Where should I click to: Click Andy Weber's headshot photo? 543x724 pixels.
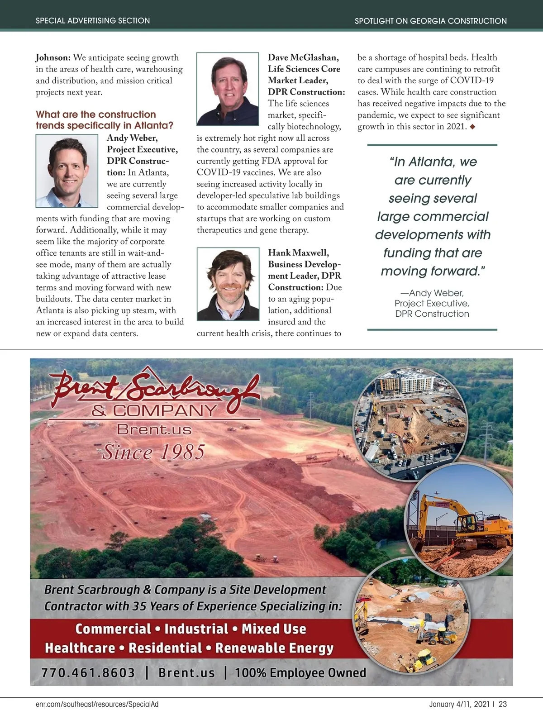click(67, 171)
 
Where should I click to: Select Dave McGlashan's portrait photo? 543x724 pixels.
click(228, 89)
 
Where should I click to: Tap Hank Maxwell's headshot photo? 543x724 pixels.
click(228, 284)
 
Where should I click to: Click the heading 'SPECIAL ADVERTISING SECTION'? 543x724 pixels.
click(93, 20)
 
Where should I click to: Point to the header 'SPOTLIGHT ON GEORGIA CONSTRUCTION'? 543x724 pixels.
click(430, 21)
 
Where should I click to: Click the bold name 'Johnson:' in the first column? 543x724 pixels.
click(53, 58)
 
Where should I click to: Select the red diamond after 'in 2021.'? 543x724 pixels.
click(473, 127)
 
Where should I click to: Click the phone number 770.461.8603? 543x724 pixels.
click(88, 672)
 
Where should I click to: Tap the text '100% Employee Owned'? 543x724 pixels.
click(300, 672)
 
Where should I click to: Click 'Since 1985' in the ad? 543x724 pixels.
click(153, 452)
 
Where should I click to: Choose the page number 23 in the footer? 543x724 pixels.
click(503, 704)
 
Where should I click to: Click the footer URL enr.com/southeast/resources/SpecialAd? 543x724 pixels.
click(97, 704)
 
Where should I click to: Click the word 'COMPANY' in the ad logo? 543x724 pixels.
click(165, 410)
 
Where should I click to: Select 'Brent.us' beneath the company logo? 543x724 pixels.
click(154, 429)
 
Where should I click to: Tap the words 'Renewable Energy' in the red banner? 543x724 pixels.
click(274, 648)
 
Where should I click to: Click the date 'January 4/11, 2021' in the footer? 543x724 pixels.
click(459, 704)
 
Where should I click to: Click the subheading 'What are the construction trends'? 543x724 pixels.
click(96, 114)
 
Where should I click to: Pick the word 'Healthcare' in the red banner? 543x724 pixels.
click(80, 648)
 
